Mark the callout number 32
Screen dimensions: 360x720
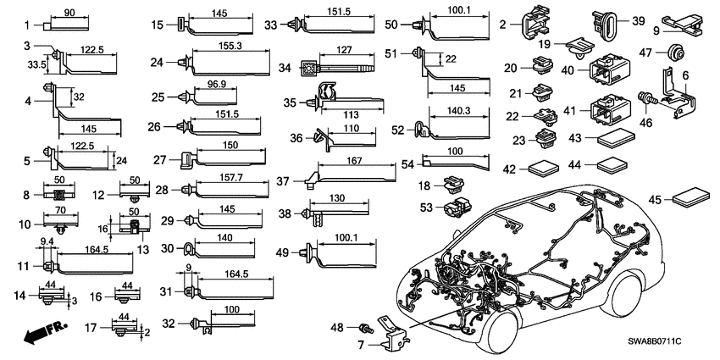pos(168,323)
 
